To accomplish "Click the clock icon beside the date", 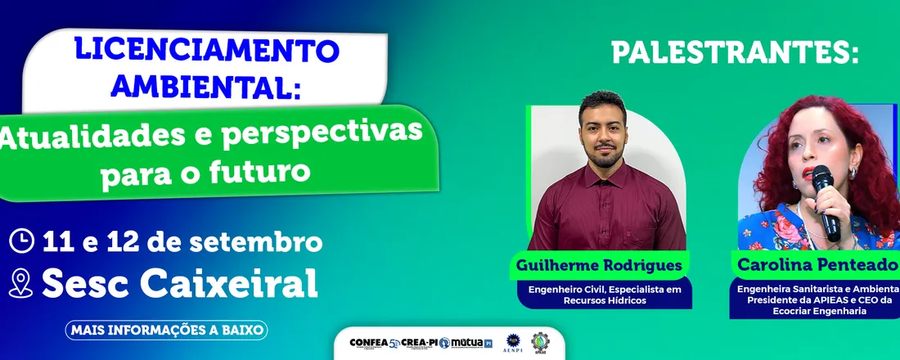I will coord(22,241).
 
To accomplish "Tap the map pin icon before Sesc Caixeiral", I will coord(20,283).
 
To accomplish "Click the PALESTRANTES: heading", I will coord(736,54).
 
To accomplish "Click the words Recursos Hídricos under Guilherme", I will coord(605,300).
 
